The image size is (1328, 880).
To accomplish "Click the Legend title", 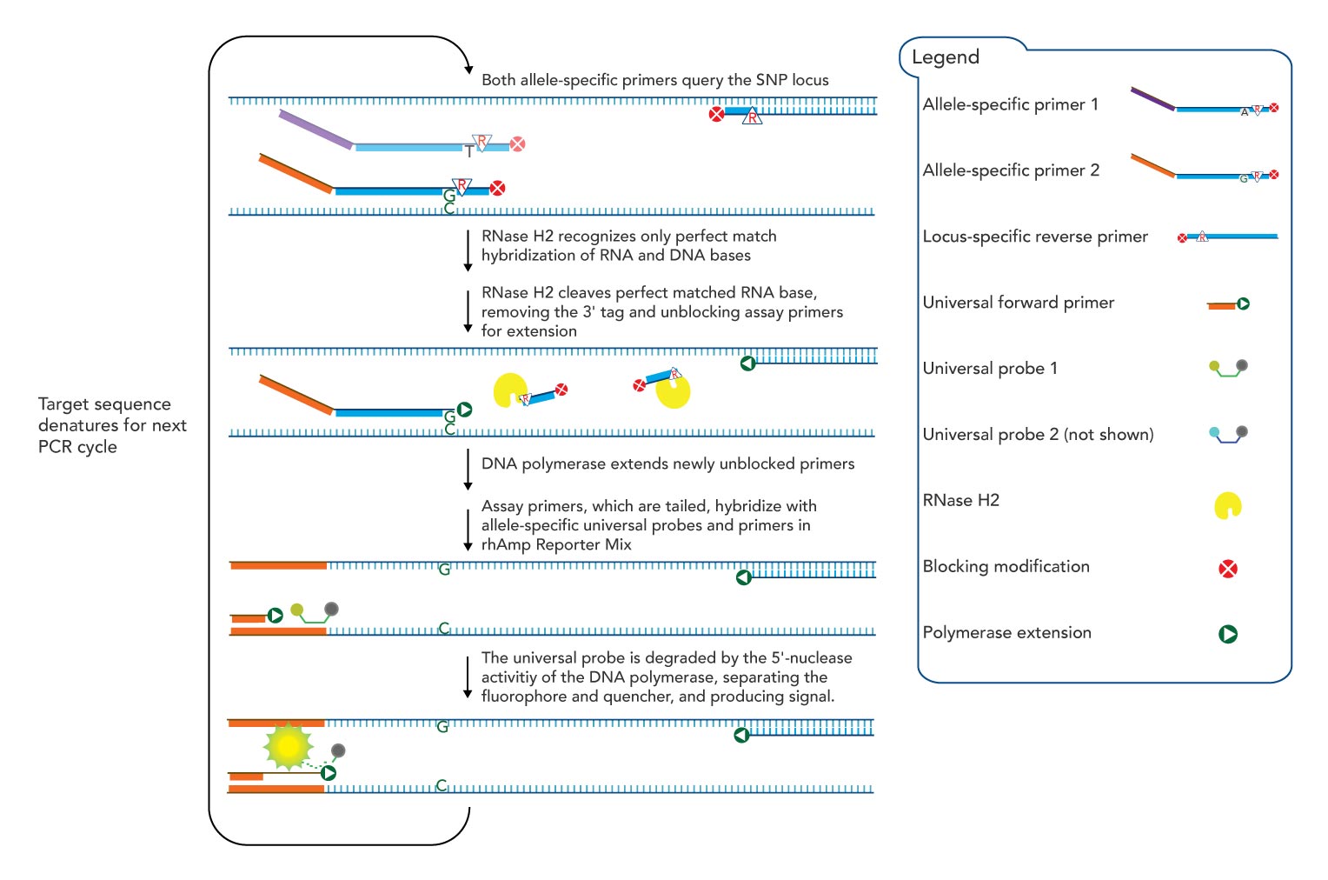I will [x=945, y=57].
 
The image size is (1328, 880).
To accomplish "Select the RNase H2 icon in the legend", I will [x=1227, y=505].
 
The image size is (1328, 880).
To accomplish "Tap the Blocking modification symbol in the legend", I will [x=1227, y=569].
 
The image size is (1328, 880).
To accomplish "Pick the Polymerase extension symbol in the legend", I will [x=1227, y=634].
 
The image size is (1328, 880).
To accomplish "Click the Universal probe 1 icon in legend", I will [x=1228, y=368].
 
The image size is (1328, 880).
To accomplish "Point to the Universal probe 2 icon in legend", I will [x=1228, y=434].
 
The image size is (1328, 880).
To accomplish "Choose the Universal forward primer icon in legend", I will [x=1228, y=304].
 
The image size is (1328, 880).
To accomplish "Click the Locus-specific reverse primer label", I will [x=1034, y=237].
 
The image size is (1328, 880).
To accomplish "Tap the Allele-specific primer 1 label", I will [x=1010, y=104].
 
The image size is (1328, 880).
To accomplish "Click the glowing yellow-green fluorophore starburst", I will [x=288, y=745].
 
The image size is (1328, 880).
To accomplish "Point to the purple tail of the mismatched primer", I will [x=315, y=129].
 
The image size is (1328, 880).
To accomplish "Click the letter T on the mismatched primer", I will [x=469, y=151].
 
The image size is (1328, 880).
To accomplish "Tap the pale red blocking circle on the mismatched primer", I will [x=517, y=144].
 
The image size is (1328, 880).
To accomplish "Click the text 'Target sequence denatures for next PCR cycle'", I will [x=112, y=425].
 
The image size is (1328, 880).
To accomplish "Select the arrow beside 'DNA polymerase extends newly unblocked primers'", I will [x=468, y=470].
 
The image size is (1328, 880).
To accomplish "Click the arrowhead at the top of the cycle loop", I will [x=468, y=70].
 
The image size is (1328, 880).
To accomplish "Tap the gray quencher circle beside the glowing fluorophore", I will [x=338, y=750].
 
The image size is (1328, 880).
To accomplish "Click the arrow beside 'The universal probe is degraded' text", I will [x=468, y=677].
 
